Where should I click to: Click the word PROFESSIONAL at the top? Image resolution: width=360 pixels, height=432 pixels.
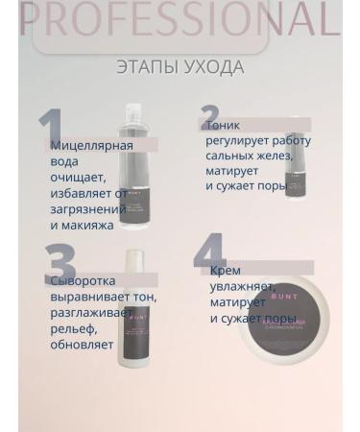click(x=180, y=20)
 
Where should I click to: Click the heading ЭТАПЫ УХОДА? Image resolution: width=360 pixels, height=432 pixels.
click(x=180, y=67)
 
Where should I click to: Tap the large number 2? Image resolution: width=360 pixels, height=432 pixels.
click(x=210, y=117)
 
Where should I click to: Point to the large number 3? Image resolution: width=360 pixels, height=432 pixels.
click(x=60, y=264)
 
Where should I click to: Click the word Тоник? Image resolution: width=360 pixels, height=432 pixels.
click(x=223, y=125)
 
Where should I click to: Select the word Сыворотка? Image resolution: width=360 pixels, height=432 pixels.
click(x=83, y=281)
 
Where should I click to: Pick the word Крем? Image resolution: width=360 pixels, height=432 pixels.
click(x=226, y=271)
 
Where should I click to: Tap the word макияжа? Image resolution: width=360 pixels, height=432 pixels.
click(x=83, y=225)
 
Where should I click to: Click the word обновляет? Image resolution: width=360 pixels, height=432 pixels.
click(x=83, y=344)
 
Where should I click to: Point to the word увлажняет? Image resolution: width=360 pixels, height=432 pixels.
click(x=242, y=286)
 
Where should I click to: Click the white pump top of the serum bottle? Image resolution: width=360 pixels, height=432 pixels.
click(x=133, y=261)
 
